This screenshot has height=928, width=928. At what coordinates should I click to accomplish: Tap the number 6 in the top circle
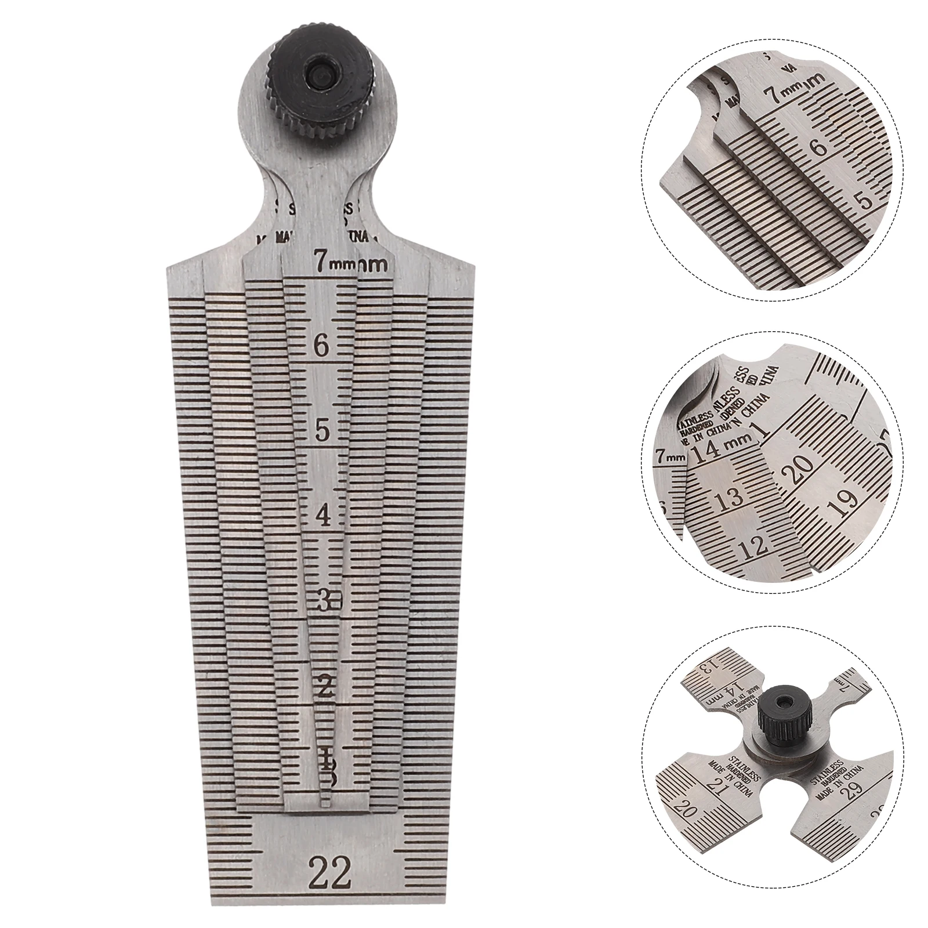click(819, 147)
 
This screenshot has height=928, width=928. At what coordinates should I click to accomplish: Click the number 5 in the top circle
click(865, 201)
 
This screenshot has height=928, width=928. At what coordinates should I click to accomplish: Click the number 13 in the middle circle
click(729, 498)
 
